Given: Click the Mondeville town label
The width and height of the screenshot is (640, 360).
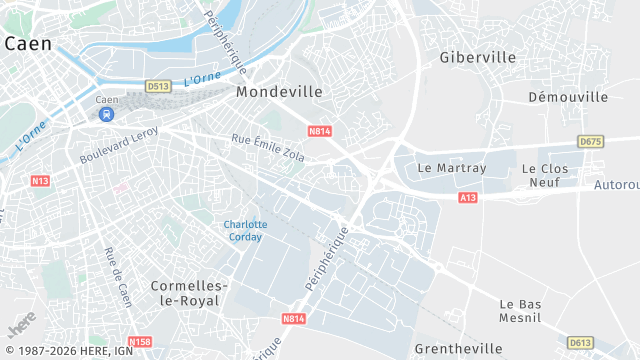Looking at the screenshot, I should pos(279,91).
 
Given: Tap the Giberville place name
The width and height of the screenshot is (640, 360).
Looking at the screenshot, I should pos(478,58).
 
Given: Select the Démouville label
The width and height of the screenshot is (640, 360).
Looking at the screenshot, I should pos(568,97).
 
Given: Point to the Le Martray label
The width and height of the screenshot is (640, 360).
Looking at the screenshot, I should pos(451,168).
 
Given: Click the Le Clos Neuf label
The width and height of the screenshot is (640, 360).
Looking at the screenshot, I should pos(545,176).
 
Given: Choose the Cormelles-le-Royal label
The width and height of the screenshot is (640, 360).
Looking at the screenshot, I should pos(190,292).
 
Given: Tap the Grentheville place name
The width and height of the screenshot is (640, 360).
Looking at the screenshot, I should pos(458,349).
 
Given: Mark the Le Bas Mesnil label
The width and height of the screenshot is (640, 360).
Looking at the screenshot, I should pos(520,311).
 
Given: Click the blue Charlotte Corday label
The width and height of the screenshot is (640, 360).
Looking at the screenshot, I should pos(244,230).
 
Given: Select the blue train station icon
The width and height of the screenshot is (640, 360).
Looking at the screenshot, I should pos(107,114).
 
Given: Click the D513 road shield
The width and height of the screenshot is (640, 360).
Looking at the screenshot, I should pos(158,87).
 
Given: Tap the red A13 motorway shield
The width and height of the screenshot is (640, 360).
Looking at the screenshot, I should pos(468,198).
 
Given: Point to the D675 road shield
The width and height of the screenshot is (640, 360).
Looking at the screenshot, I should pos(590,142).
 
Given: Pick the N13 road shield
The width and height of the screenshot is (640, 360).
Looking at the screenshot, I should pos(40,181).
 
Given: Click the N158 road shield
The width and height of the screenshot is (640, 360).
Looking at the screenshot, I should pos(140,341).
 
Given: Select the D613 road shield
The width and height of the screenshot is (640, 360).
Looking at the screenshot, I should pos(580,343).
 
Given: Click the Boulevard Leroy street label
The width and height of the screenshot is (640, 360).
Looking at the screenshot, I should pos(119,146).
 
